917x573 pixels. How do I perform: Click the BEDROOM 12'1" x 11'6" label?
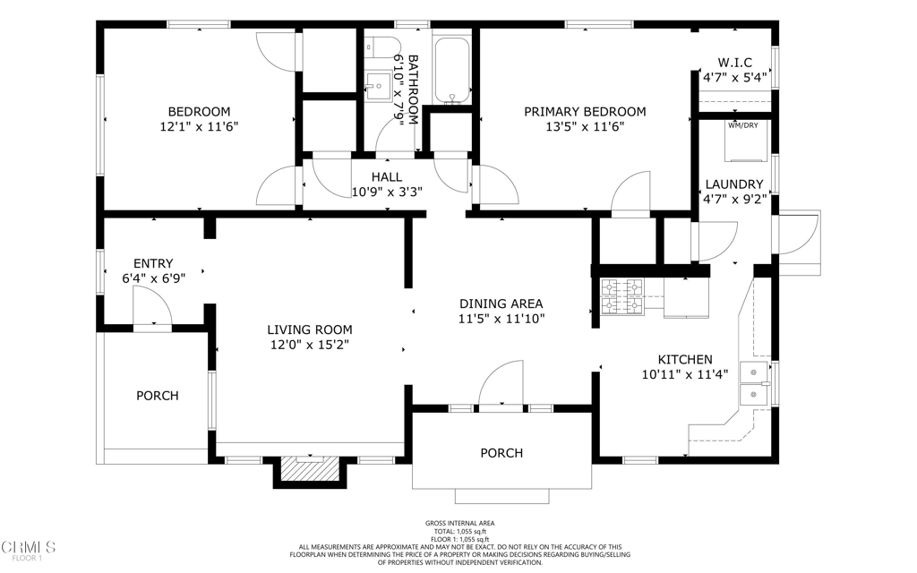[x=199, y=119]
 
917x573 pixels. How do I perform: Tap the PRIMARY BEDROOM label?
[x=585, y=112]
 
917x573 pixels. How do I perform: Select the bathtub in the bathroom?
[x=452, y=71]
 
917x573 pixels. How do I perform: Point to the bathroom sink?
[x=378, y=85]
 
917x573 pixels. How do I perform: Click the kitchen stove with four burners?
[x=622, y=297]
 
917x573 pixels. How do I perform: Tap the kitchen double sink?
[x=754, y=383]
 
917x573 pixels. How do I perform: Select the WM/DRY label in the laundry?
[x=743, y=125]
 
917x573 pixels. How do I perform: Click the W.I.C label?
[x=734, y=63]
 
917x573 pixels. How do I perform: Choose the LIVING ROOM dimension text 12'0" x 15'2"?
[x=309, y=345]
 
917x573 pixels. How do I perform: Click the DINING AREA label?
[x=501, y=304]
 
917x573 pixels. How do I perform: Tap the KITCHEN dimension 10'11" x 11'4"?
[x=685, y=374]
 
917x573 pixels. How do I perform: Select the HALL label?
[x=387, y=177]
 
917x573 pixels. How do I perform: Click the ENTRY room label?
[x=153, y=264]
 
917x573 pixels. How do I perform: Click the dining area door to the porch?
[x=501, y=382]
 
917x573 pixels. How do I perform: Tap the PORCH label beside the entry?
[x=158, y=396]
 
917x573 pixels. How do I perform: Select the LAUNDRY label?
[x=734, y=184]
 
